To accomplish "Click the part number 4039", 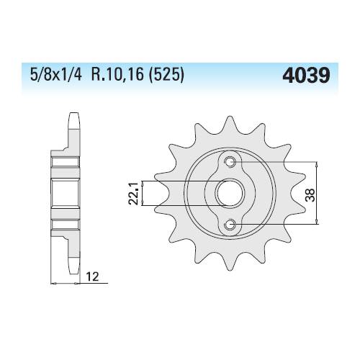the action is [306, 75].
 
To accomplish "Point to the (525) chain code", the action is [166, 74].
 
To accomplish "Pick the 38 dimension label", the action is [310, 195].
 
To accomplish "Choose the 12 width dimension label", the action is [92, 276].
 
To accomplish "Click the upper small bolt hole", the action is [230, 161].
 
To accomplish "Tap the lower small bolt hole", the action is [230, 225].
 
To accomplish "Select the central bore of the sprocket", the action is [230, 193].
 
